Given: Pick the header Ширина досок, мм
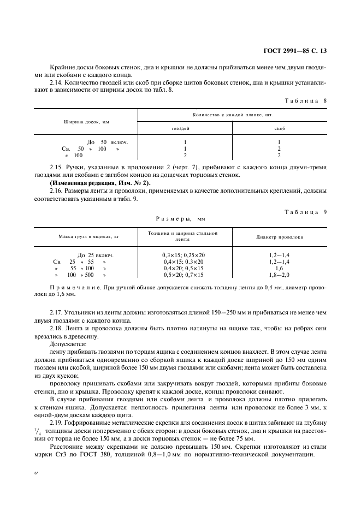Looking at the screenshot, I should (x=86, y=122).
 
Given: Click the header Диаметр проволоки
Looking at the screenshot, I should (x=280, y=237).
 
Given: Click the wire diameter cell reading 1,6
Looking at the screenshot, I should (x=279, y=269).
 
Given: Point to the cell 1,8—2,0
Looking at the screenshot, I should (x=279, y=275).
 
